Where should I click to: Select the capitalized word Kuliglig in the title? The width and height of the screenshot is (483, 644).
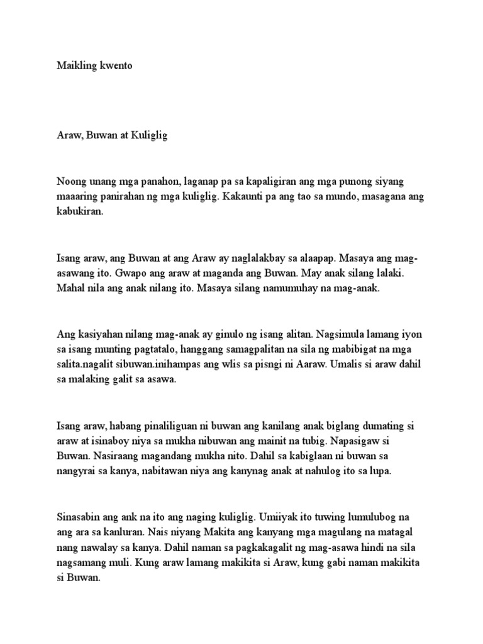coord(147,136)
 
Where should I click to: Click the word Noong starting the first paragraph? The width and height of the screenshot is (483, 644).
coord(71,182)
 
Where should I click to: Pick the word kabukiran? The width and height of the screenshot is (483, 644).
coord(82,212)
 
